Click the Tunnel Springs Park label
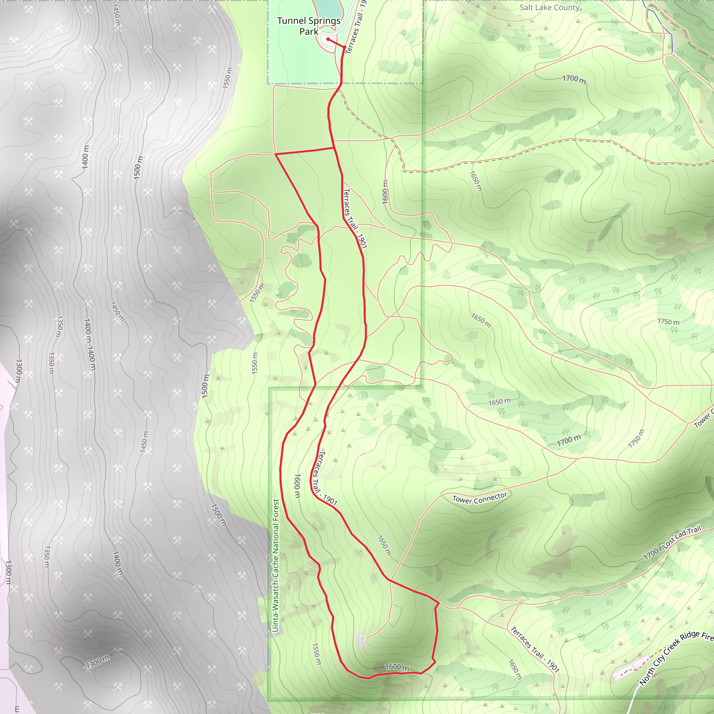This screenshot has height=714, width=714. [x=309, y=26]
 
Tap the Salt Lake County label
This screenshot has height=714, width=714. [x=549, y=7]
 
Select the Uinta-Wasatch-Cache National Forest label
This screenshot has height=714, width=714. [x=276, y=565]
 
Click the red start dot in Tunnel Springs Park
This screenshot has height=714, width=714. [x=328, y=39]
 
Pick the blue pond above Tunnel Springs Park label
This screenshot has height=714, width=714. [x=325, y=7]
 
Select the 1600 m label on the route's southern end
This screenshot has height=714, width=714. [x=397, y=667]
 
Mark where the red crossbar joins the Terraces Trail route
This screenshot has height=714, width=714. [x=334, y=148]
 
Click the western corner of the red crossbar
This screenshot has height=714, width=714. [x=276, y=154]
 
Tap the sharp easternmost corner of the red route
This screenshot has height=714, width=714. [x=439, y=603]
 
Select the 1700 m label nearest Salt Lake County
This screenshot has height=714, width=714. [x=574, y=79]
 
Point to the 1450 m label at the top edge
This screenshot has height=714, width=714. [x=116, y=15]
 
